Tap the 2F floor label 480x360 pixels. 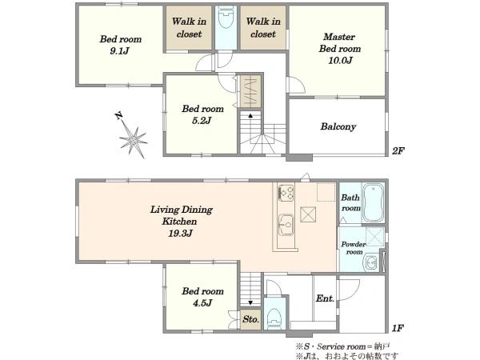pos(398,151)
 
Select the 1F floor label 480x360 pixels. pos(398,328)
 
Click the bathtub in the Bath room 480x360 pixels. pos(373,202)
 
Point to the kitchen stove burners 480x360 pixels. pos(286,193)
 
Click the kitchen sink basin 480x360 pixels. pos(286,225)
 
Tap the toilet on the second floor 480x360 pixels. pos(226,17)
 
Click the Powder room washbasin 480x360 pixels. pos(371,262)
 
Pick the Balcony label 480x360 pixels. pos(338,126)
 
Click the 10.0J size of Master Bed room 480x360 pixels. pos(340,60)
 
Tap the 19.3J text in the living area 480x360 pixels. pos(180,234)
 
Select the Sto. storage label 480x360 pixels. pos(250,319)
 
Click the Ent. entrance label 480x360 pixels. pos(325,298)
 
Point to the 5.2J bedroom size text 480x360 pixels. pos(202,121)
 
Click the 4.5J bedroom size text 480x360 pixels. pos(202,303)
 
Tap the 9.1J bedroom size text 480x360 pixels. pos(120,51)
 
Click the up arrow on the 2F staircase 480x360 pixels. pos(250,116)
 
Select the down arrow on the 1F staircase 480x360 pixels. pos(250,302)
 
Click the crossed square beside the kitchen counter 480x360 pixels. pos(308,214)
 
